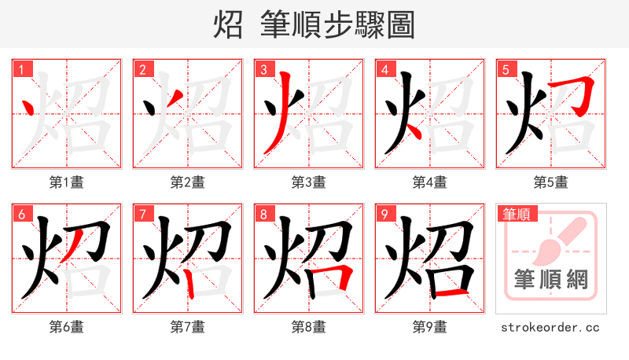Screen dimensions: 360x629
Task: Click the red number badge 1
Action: (20, 70)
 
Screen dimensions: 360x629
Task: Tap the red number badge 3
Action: (263, 70)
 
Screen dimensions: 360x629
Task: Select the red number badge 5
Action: (505, 70)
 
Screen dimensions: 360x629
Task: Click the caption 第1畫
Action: (66, 182)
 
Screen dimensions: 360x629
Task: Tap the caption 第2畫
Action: (187, 182)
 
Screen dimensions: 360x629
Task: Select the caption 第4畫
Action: (429, 182)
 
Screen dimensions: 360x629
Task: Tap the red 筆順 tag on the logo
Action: (516, 214)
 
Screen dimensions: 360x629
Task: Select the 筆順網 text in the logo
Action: (550, 279)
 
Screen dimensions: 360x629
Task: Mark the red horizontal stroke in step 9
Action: (450, 293)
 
